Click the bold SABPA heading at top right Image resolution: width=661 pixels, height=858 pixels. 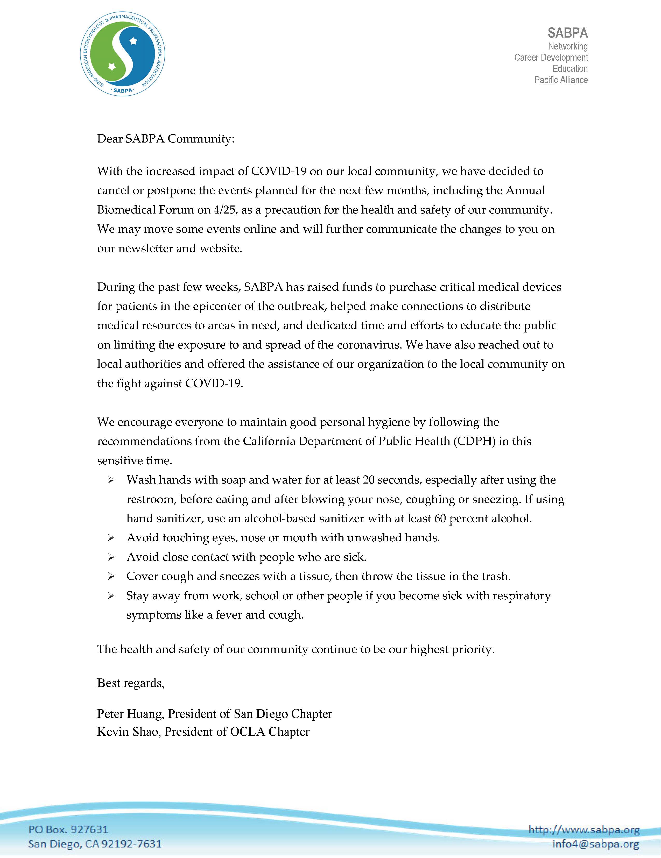[x=567, y=33]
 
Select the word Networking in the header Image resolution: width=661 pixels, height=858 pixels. [x=568, y=46]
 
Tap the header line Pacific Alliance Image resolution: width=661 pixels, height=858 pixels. [x=561, y=80]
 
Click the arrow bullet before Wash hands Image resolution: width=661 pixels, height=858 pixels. [x=111, y=480]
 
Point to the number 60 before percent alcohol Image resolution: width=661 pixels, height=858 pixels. [x=440, y=519]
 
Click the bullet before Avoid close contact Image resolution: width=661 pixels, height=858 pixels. [x=111, y=557]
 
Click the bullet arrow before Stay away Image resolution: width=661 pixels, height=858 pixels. [x=111, y=596]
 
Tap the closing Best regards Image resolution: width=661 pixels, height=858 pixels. [x=130, y=683]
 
